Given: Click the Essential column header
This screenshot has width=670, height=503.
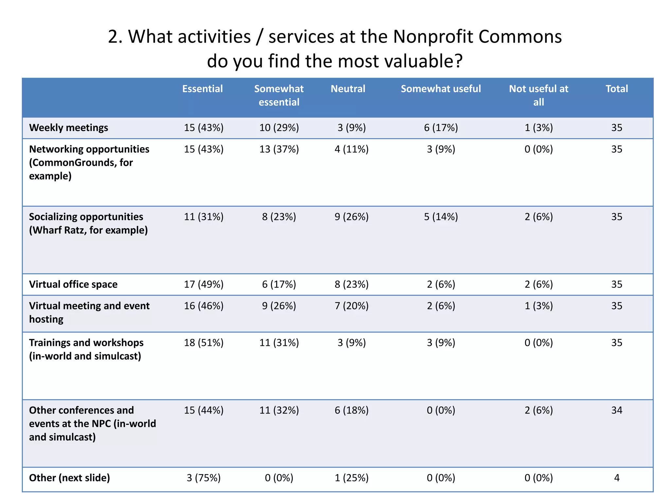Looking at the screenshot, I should (x=202, y=89).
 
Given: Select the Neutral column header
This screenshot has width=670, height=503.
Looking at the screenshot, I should (x=348, y=89).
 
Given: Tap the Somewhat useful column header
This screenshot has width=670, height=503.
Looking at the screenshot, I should (x=441, y=89).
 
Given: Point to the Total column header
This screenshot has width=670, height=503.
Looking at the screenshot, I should (x=616, y=89).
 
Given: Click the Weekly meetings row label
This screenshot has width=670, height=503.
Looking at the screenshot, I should (x=68, y=128).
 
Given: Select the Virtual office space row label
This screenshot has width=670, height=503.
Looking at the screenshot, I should (x=73, y=284).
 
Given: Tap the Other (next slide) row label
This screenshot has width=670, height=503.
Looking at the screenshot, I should (x=69, y=478).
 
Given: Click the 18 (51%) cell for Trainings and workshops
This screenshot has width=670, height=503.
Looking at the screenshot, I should (x=203, y=343).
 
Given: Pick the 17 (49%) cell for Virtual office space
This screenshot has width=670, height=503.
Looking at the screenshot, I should (x=203, y=284).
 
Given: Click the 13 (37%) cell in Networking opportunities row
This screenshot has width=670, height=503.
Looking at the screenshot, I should (x=279, y=149).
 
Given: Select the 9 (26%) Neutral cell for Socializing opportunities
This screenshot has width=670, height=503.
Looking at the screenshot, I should (x=351, y=217).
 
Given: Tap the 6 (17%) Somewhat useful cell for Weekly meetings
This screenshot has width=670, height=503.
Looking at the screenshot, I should (x=441, y=128).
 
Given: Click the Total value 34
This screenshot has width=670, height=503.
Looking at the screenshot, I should (x=616, y=410).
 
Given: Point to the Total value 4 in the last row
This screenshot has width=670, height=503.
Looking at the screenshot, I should (x=616, y=478).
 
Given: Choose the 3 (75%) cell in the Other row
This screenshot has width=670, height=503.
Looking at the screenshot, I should (x=203, y=478).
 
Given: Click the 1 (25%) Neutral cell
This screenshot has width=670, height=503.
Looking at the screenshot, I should (x=351, y=478).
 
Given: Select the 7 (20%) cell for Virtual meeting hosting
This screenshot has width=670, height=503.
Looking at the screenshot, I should (x=351, y=306).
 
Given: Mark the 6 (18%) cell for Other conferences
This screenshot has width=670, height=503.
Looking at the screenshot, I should (x=351, y=410).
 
